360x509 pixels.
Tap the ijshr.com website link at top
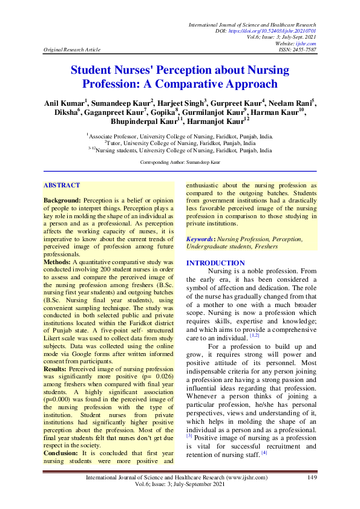[307, 44]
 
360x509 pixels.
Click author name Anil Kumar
[65, 103]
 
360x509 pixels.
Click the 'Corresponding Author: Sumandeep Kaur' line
[180, 163]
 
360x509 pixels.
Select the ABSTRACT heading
[62, 185]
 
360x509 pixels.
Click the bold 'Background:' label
[62, 199]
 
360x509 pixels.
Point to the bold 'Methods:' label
[59, 262]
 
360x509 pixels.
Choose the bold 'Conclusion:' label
[63, 453]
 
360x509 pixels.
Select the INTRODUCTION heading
[215, 263]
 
